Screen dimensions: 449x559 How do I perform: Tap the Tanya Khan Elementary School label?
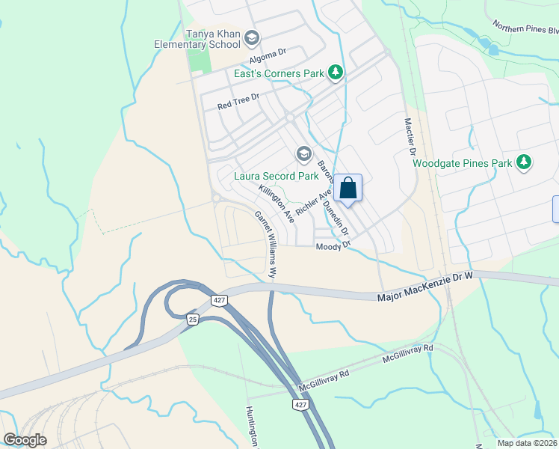197,39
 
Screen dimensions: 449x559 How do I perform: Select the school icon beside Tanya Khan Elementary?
252,37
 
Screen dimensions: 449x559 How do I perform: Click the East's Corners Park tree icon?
337,72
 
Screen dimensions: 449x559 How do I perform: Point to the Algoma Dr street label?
268,53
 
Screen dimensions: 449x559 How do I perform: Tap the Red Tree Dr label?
238,101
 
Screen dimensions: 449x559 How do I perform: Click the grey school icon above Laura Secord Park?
303,155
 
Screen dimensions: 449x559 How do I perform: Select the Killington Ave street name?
276,202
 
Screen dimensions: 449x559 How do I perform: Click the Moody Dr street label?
333,246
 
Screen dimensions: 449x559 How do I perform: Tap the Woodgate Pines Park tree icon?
525,162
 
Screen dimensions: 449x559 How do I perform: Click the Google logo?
25,439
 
